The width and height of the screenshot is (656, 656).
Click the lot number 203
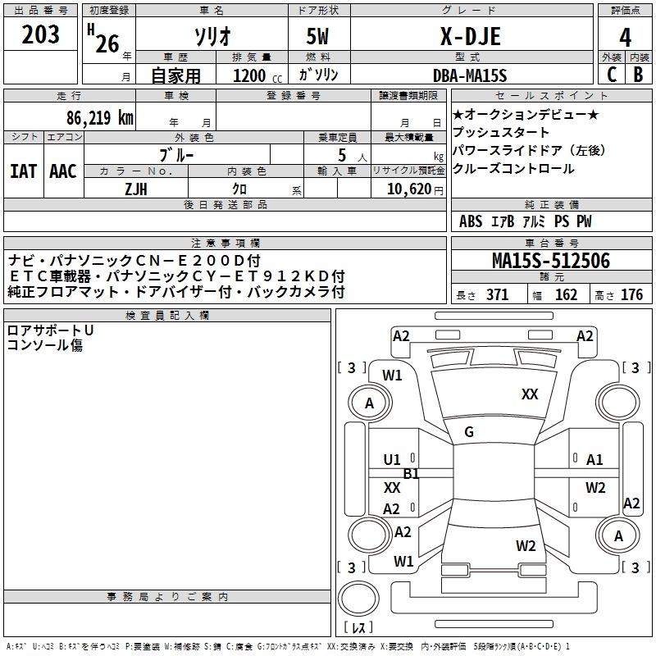pyautogui.click(x=41, y=35)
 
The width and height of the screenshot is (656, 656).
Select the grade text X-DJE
pyautogui.click(x=470, y=37)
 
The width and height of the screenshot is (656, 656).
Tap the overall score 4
pyautogui.click(x=626, y=39)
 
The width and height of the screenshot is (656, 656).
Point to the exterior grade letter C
pyautogui.click(x=611, y=74)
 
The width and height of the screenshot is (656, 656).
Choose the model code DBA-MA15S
pyautogui.click(x=470, y=75)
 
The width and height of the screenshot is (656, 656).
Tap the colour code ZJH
pyautogui.click(x=135, y=188)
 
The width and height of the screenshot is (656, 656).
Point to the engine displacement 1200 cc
pyautogui.click(x=256, y=75)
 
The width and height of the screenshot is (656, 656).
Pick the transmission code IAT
pyautogui.click(x=23, y=171)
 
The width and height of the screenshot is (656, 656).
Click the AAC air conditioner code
pyautogui.click(x=63, y=171)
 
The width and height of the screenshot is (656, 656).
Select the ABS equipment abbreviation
pyautogui.click(x=471, y=221)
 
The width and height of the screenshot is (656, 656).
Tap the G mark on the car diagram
pyautogui.click(x=469, y=432)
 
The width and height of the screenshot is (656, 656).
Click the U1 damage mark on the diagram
pyautogui.click(x=392, y=460)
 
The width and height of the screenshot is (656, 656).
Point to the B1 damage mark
pyautogui.click(x=411, y=474)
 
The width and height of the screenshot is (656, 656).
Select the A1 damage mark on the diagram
pyautogui.click(x=594, y=460)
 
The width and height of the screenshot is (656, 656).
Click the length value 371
pyautogui.click(x=497, y=295)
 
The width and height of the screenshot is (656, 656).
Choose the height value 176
pyautogui.click(x=631, y=295)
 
